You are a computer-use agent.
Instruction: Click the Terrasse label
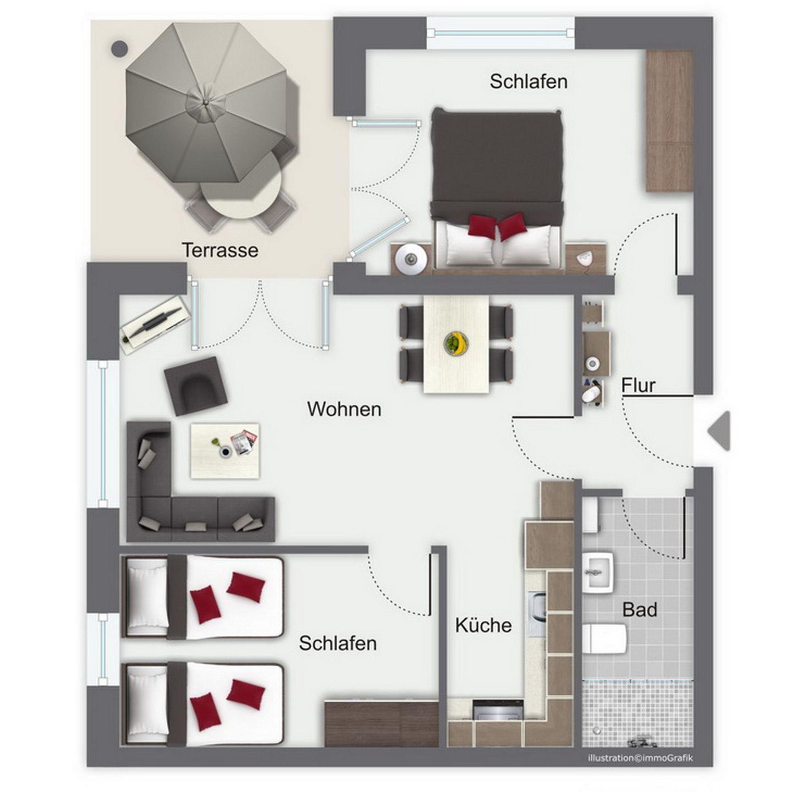point(221,250)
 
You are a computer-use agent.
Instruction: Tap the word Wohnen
point(344,409)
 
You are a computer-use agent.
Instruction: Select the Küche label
point(483,625)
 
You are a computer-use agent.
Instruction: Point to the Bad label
point(640,609)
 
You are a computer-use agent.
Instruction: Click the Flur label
point(638,386)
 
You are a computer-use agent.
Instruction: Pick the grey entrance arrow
point(719,430)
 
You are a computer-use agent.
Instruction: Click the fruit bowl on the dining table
point(456,342)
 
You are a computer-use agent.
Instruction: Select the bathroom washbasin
point(598,572)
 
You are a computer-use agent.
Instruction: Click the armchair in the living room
point(196,386)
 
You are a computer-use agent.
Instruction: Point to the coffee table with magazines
point(225,451)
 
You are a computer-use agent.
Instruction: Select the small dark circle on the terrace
point(119,48)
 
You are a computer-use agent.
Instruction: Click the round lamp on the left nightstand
point(410,258)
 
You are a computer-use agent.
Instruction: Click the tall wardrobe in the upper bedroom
point(670,121)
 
